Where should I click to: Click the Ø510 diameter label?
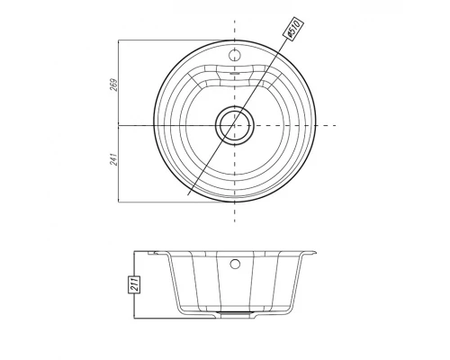(x=293, y=29)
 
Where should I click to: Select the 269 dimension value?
(x=113, y=85)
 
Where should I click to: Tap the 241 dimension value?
(x=113, y=159)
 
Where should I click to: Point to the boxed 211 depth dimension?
(x=134, y=284)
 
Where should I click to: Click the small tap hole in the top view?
(x=235, y=55)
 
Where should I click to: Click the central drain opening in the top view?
(x=235, y=125)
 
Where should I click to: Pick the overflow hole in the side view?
(x=235, y=265)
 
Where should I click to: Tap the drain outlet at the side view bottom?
(x=235, y=313)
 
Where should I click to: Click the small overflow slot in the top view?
(x=235, y=73)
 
